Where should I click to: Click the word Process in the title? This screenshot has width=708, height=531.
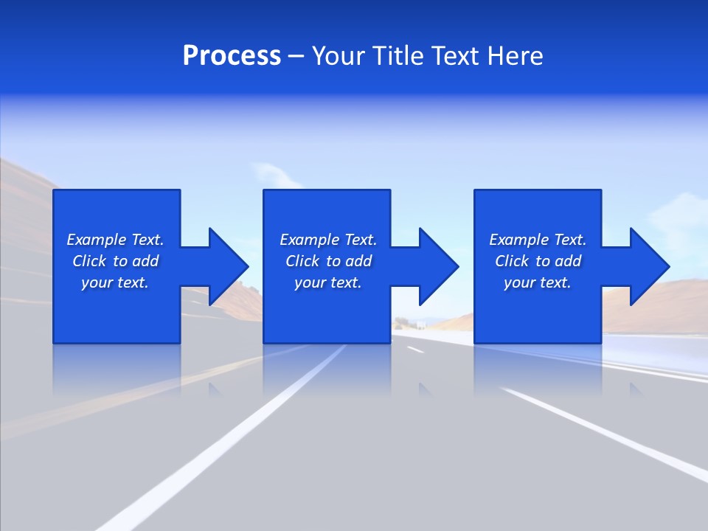232,56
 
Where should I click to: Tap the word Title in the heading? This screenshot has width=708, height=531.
396,56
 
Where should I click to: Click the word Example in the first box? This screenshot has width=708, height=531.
97,240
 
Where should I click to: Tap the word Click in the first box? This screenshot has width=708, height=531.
89,261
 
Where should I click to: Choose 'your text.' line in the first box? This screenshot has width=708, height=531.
115,282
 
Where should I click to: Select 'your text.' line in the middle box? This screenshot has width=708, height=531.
327,282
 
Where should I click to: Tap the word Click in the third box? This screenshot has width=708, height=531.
512,261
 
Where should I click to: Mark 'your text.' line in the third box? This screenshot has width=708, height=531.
537,282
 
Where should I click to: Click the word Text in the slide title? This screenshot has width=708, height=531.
452,56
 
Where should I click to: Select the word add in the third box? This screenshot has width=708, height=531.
568,261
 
